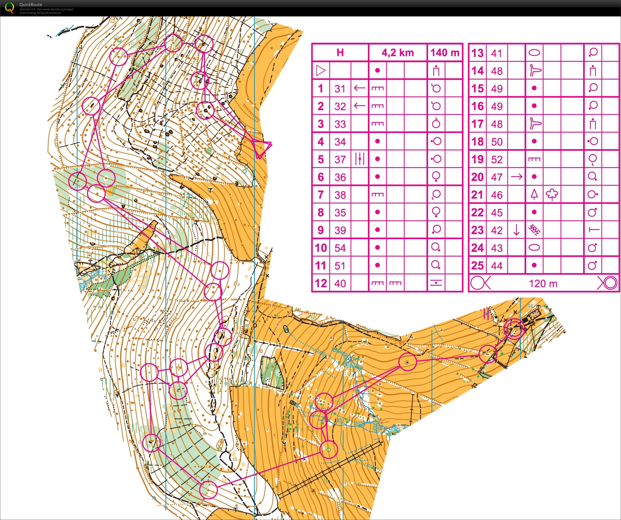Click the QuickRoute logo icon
(10, 7)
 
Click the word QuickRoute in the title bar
(31, 4)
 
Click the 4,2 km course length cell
(397, 53)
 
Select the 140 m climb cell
(445, 53)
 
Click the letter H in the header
(340, 53)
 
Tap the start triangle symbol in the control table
(321, 70)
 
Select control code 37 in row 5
(340, 159)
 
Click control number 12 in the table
(321, 283)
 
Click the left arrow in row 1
(360, 88)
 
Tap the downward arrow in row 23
(516, 230)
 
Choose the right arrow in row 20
(516, 177)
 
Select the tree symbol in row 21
(552, 195)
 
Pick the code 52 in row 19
(497, 159)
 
